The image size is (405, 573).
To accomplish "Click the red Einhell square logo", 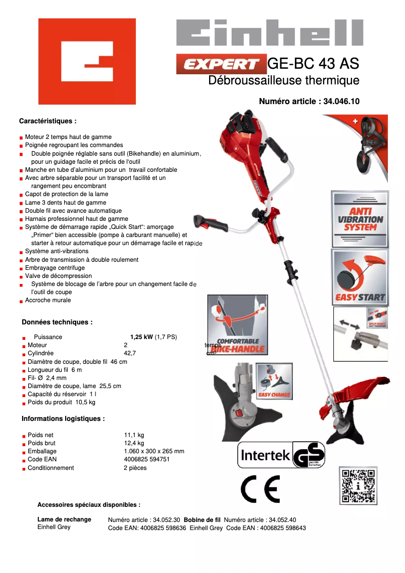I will point(87,61).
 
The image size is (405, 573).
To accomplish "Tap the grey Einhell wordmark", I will point(269,34).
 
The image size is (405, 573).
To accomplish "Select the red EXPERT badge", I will point(221,64).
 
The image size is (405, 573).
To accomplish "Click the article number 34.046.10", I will point(340,101).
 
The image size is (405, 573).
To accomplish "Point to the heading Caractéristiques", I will point(47,121).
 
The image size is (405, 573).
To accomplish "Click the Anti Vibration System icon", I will point(360,219).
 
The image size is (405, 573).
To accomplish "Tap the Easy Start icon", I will point(360,277).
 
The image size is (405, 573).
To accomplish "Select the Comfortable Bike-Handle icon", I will point(237,325).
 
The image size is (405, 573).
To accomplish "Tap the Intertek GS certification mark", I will point(281,455).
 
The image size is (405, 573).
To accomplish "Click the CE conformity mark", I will point(260,489).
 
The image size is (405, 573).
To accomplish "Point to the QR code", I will point(358,486).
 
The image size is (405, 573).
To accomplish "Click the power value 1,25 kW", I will point(141,337).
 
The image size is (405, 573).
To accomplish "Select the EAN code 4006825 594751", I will point(146,459).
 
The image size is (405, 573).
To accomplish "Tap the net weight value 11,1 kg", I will point(134,435).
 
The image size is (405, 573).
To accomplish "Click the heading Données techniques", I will point(57,322).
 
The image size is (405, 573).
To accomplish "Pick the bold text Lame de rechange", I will point(64,519).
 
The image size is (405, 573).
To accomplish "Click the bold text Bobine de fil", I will point(202,519).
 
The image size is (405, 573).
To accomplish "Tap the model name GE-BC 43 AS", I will point(313,64).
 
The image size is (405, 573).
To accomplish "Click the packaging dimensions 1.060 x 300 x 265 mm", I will point(154,451).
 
